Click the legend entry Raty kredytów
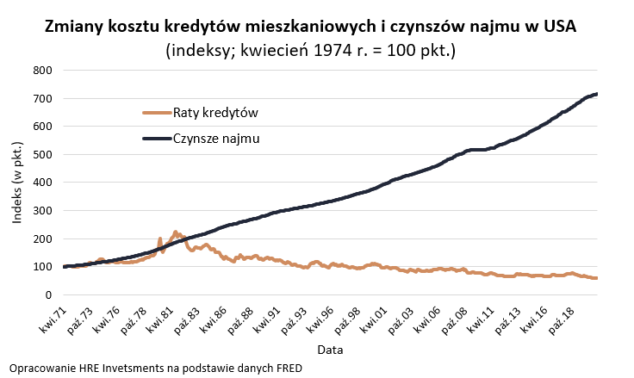(215, 113)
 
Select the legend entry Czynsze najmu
(216, 138)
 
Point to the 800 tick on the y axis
(42, 70)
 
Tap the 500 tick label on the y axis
(42, 154)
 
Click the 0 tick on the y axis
(49, 294)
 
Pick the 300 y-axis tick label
(42, 210)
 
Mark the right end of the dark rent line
(596, 94)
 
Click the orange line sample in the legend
(155, 113)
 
